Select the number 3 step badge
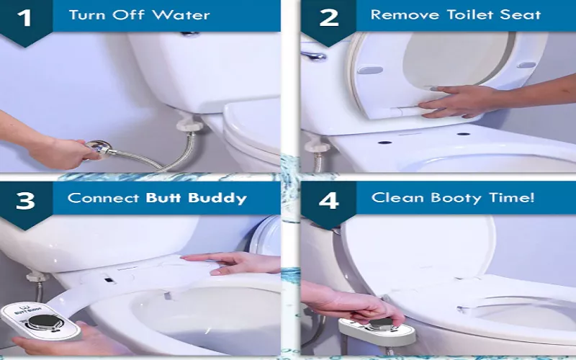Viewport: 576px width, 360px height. point(25,202)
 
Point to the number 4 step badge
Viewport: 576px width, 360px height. point(328,201)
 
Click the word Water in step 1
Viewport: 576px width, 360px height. point(181,15)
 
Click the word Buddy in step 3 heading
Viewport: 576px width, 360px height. point(217,199)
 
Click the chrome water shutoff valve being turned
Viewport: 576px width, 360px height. point(99,148)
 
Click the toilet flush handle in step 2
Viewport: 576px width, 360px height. point(313,56)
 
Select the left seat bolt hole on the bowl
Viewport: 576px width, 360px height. point(384,142)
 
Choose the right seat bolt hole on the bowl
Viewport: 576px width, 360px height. point(463,134)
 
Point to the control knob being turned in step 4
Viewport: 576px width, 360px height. point(381,323)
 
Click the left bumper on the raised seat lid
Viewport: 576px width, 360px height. point(369,69)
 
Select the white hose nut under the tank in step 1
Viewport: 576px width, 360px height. point(189,125)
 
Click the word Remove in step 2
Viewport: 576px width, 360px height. point(405,14)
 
